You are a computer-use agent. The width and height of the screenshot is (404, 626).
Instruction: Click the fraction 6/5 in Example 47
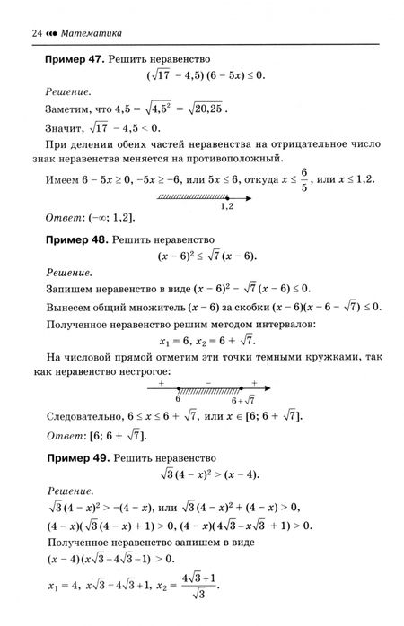329,179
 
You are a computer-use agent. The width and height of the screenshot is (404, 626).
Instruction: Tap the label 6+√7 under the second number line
244,399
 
